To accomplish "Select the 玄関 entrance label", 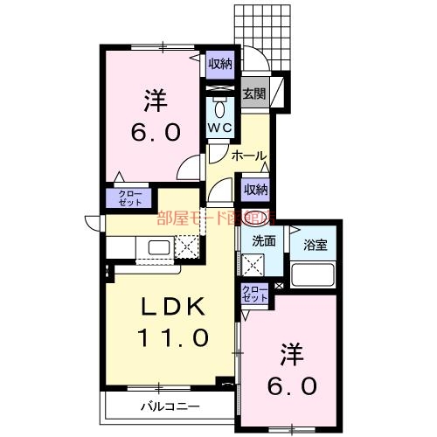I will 253,93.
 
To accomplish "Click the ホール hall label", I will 249,156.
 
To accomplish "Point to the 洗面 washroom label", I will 264,241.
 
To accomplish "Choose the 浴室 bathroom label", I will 316,245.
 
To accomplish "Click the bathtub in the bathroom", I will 315,276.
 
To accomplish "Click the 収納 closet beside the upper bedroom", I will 220,63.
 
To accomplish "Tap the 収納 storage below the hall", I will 254,189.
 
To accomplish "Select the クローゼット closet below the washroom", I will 254,294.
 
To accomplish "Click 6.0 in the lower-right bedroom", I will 293,385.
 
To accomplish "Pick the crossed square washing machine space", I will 254,264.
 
